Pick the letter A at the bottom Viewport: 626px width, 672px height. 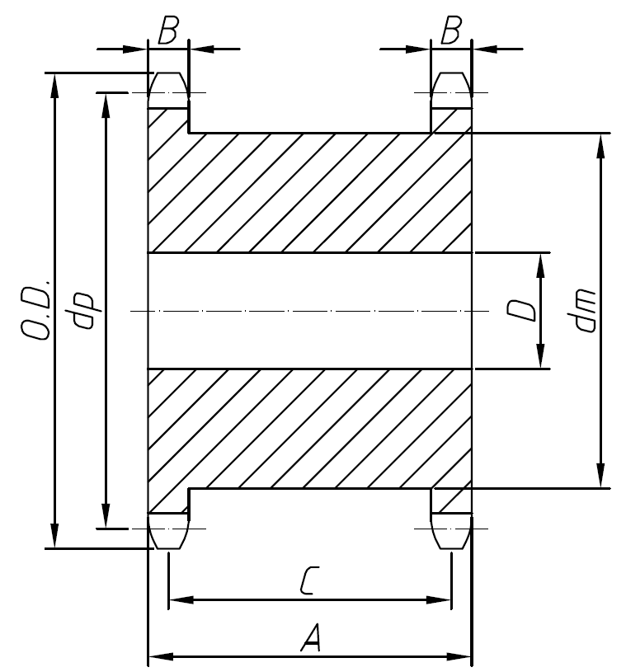tap(310, 639)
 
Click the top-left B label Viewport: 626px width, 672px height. tap(168, 34)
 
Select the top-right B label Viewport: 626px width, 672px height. tap(450, 34)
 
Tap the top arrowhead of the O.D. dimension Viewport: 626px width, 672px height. tap(54, 82)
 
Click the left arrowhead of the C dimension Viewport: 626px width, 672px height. tap(177, 599)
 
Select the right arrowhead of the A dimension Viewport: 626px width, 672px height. tap(462, 657)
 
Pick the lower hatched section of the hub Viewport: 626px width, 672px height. tap(309, 429)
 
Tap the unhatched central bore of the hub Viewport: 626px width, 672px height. tap(309, 310)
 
